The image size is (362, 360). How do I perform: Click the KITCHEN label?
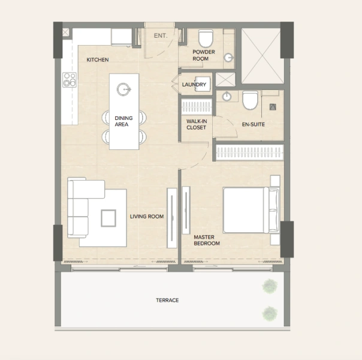click(x=97, y=60)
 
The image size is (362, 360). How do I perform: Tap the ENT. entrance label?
click(x=160, y=36)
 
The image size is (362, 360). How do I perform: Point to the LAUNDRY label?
click(x=194, y=85)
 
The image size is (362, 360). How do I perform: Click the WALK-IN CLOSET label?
click(x=196, y=124)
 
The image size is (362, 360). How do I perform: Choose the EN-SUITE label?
click(x=254, y=124)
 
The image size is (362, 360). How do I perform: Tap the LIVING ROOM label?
click(x=147, y=217)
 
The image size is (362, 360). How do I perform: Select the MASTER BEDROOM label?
click(x=207, y=241)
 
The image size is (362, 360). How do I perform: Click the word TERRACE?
click(x=167, y=300)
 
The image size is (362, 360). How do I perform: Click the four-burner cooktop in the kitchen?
click(x=70, y=80)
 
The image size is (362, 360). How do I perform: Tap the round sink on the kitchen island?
click(x=124, y=89)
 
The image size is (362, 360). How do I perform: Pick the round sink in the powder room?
click(x=229, y=58)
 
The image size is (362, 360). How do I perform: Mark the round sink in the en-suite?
click(x=227, y=97)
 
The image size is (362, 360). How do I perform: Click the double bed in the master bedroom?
click(x=249, y=210)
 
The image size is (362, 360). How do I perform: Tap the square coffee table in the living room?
click(x=109, y=217)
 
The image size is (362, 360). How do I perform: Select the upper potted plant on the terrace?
click(x=270, y=287)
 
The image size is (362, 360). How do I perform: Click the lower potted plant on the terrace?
click(x=270, y=313)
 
